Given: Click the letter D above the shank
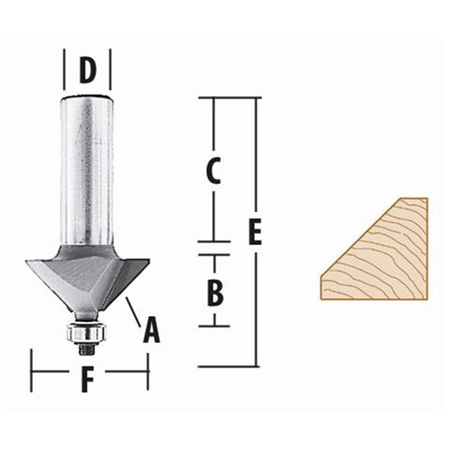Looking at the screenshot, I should coord(87,70).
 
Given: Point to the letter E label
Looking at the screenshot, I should coord(257,232).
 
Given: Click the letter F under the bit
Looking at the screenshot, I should coord(87,380).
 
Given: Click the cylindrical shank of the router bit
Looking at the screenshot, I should coord(87,168).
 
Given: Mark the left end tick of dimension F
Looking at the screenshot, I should coord(32,369).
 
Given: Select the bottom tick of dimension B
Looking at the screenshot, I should coord(213,326).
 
